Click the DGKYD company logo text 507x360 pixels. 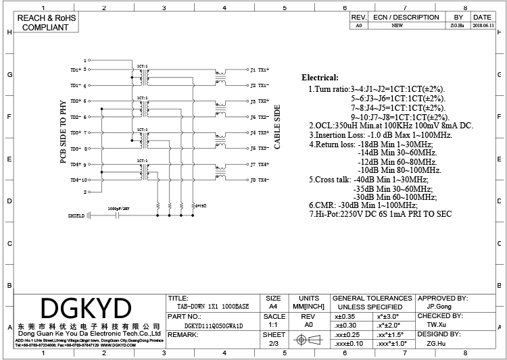pyautogui.click(x=85, y=309)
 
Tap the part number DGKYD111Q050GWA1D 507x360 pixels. pyautogui.click(x=213, y=325)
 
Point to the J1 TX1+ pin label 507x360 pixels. pyautogui.click(x=260, y=70)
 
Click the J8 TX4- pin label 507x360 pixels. pyautogui.click(x=260, y=180)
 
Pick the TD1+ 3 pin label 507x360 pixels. pyautogui.click(x=78, y=70)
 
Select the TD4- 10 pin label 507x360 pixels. pyautogui.click(x=78, y=180)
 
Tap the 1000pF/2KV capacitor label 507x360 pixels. pyautogui.click(x=119, y=209)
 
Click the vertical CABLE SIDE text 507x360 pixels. pyautogui.click(x=276, y=126)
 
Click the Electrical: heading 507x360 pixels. pyautogui.click(x=320, y=78)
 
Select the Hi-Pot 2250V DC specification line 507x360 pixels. pyautogui.click(x=380, y=214)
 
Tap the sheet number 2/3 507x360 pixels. pyautogui.click(x=274, y=343)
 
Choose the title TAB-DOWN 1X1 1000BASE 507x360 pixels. pyautogui.click(x=209, y=306)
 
